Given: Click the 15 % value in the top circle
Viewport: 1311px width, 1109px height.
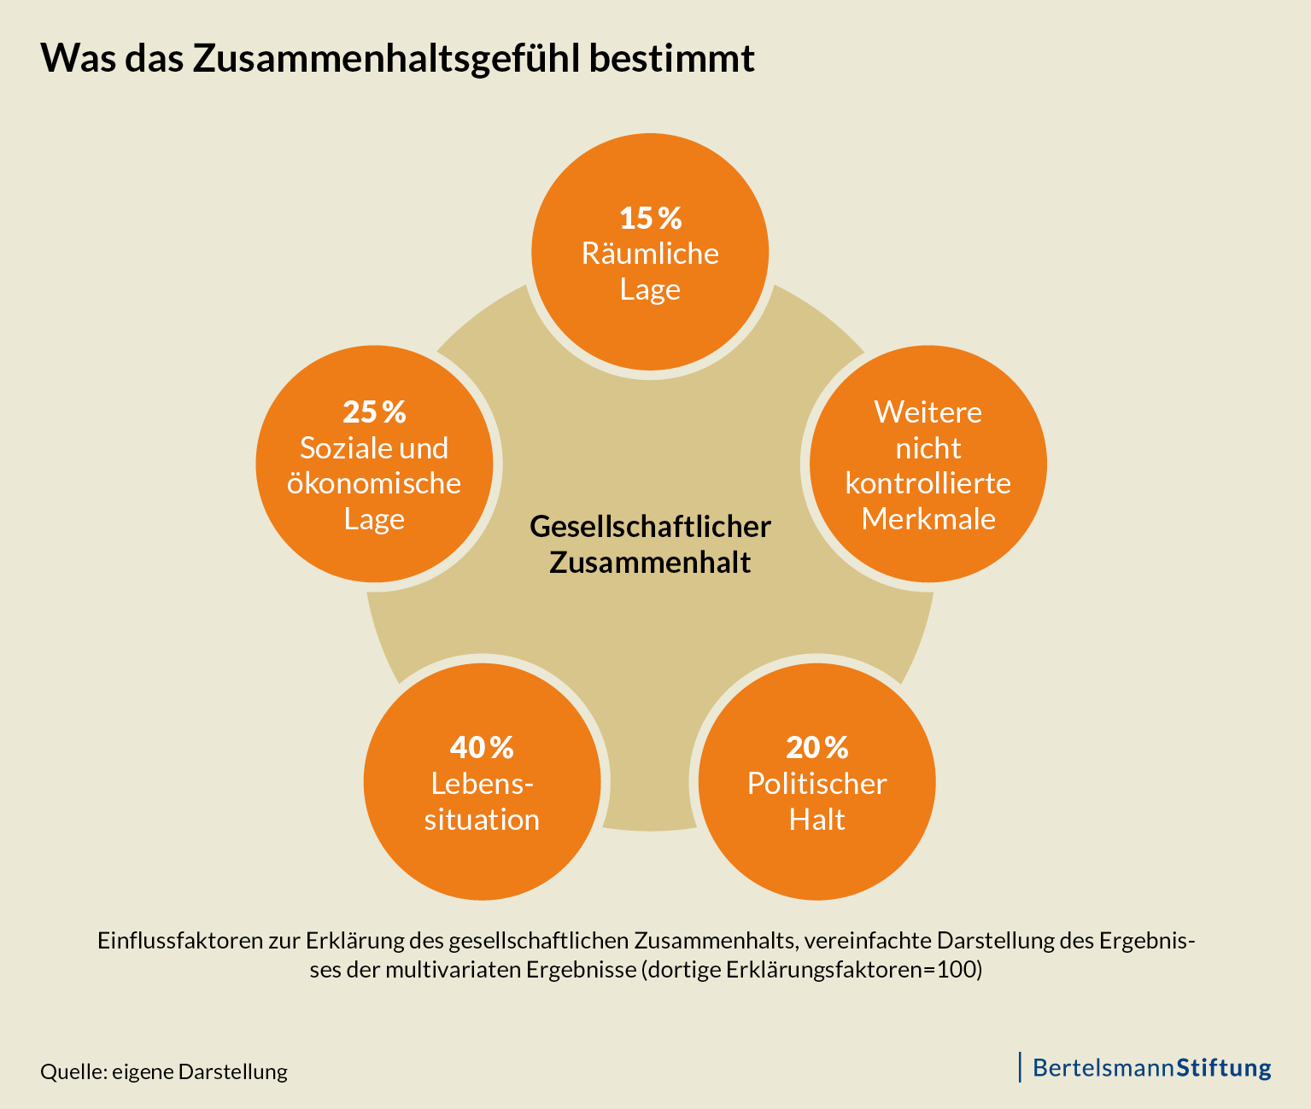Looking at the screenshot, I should (x=650, y=218).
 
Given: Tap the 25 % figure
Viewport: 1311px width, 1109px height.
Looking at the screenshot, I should (x=374, y=411).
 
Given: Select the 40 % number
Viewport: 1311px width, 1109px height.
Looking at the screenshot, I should (x=482, y=747).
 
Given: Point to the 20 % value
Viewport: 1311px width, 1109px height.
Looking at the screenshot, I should (x=817, y=747).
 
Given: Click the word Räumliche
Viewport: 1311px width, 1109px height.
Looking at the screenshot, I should (x=650, y=254).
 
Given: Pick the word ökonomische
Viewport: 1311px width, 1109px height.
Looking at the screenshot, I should (x=374, y=483).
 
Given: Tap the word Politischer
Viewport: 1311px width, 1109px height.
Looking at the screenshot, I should (x=817, y=784).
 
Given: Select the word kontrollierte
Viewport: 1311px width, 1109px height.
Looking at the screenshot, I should (x=928, y=483).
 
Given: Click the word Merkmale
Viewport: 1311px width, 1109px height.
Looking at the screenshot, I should (x=928, y=519).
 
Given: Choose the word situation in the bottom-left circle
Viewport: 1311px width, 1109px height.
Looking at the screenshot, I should (x=482, y=820).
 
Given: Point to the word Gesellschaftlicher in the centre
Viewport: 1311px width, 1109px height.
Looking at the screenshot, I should (x=650, y=526).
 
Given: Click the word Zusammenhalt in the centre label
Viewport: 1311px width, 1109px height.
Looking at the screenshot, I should (x=650, y=563).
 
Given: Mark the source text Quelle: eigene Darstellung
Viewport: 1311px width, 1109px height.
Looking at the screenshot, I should (x=164, y=1071).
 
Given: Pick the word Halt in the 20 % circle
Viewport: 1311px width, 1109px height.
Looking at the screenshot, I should (x=817, y=820).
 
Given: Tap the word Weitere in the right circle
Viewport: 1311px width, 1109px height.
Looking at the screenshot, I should (x=928, y=412).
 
